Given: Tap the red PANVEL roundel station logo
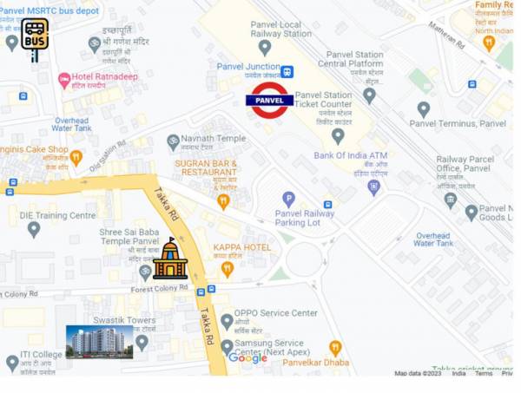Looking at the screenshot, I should click(x=269, y=101).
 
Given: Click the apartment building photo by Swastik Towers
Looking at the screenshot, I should click(x=100, y=342).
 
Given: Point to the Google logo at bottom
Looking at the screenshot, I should click(x=247, y=357).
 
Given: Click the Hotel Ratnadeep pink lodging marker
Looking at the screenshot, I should click(x=64, y=80).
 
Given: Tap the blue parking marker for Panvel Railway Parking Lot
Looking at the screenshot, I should click(x=288, y=199).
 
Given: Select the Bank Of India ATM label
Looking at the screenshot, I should click(x=351, y=156).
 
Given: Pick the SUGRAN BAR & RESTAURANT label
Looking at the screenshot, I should click(x=206, y=167).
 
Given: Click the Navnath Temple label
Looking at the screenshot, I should click(x=213, y=138).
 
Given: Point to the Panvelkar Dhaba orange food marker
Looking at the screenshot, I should click(x=335, y=348).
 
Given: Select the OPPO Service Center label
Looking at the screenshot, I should click(x=275, y=312).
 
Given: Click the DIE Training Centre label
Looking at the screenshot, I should click(x=57, y=215).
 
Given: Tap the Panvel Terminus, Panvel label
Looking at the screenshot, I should click(x=458, y=123).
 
